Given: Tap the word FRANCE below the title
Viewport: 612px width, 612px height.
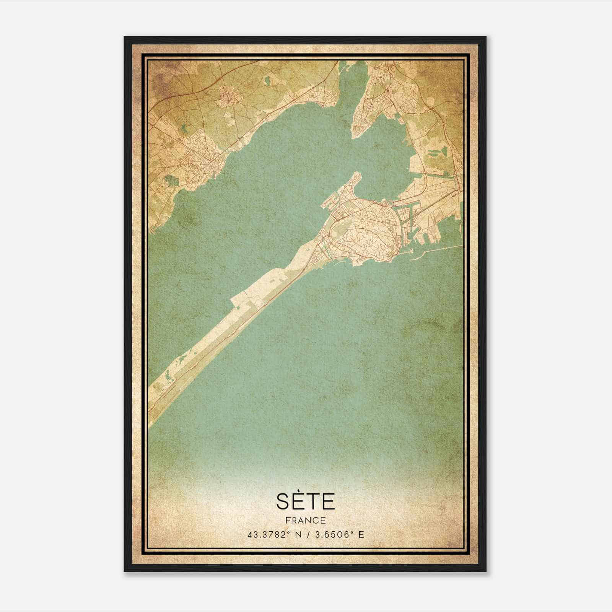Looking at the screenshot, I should click(x=305, y=521).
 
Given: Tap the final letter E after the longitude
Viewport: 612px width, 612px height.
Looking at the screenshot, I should click(x=361, y=534).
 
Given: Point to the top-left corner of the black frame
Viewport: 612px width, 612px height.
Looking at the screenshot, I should click(x=124, y=37).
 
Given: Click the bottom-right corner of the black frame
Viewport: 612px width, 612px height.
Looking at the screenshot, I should click(x=486, y=571).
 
